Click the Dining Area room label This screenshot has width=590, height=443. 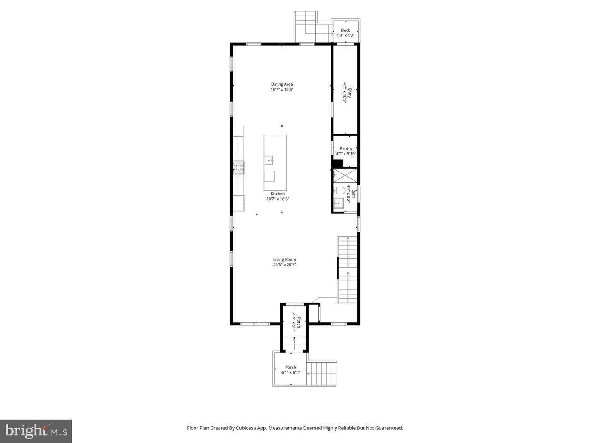click(x=282, y=84)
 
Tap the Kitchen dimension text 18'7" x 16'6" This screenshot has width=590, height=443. click(x=278, y=199)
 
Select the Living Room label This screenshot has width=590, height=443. click(x=284, y=259)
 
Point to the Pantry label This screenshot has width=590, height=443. click(x=346, y=148)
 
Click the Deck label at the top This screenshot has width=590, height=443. click(x=345, y=30)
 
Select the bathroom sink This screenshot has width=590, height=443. click(x=338, y=203)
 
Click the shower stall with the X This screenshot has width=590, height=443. click(x=345, y=175)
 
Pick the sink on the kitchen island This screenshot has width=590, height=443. click(x=269, y=160)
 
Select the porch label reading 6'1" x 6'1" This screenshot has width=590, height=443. click(x=290, y=370)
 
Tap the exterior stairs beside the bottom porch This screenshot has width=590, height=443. click(x=322, y=374)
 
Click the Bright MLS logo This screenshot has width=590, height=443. click(x=36, y=431)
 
